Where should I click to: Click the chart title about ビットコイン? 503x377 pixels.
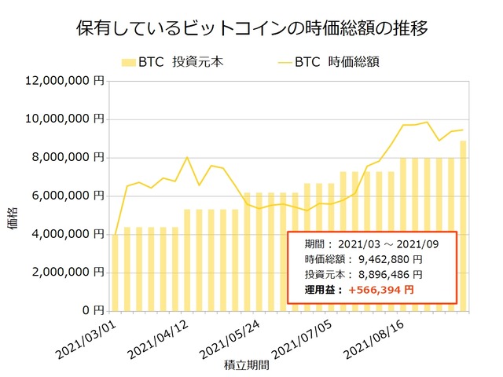click(251, 31)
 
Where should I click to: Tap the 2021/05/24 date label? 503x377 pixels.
click(232, 335)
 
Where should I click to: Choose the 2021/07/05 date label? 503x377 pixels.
click(304, 335)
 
